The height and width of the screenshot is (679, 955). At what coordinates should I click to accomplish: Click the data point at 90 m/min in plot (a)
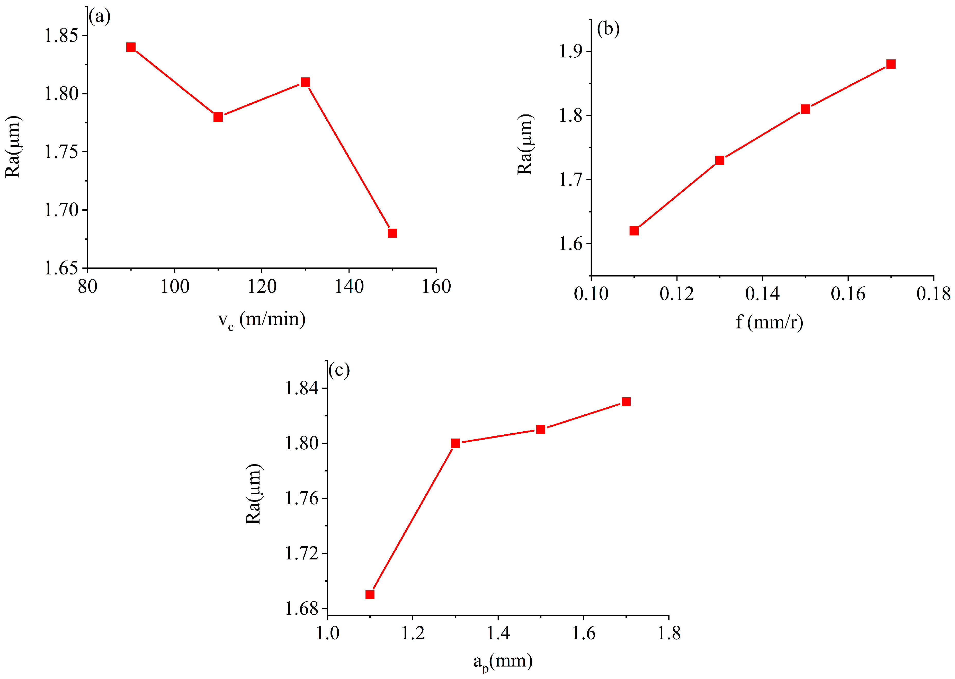click(131, 47)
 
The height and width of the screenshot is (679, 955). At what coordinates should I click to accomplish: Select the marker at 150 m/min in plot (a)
click(392, 233)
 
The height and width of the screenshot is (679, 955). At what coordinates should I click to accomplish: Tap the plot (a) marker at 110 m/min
click(218, 117)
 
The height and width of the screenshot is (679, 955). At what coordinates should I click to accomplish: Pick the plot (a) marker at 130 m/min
click(305, 82)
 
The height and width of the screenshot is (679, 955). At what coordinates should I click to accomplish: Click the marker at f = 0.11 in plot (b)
click(634, 231)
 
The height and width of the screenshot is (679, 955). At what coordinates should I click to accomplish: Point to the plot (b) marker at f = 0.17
click(891, 64)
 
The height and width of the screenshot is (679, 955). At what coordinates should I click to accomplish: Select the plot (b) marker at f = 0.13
click(720, 160)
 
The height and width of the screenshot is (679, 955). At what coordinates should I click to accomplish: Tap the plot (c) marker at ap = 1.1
click(370, 595)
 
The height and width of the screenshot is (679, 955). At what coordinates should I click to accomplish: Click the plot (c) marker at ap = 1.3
click(455, 443)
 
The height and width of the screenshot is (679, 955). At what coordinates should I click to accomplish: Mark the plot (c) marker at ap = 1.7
click(626, 402)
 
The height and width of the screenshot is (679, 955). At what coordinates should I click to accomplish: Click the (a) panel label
click(100, 17)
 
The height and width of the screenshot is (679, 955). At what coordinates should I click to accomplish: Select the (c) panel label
click(339, 370)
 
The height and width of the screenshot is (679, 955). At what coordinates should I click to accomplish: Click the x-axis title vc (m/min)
click(262, 320)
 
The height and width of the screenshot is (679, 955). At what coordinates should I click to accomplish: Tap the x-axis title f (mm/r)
click(769, 322)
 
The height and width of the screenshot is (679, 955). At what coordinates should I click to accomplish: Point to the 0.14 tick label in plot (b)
click(762, 294)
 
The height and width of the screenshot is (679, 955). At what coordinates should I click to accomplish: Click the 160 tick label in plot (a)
click(436, 287)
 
